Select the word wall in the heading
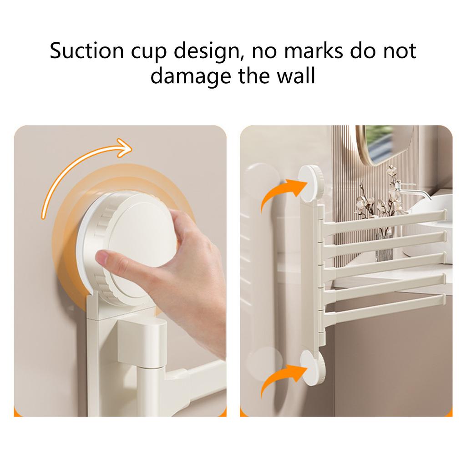coord(298,76)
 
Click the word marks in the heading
coord(312,51)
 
